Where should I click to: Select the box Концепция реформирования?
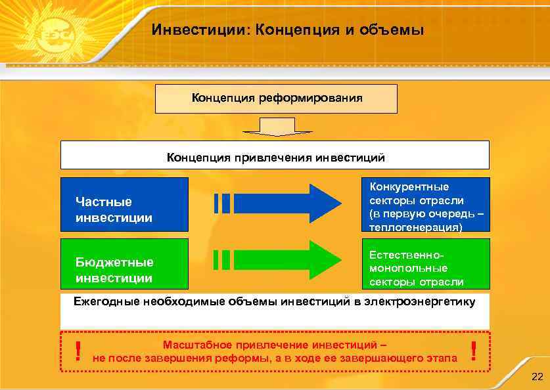pos(276,98)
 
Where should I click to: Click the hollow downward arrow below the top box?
pos(276,127)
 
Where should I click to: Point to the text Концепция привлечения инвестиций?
pos(275,158)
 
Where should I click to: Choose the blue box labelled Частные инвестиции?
pos(124,204)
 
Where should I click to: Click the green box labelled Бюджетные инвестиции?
pos(124,264)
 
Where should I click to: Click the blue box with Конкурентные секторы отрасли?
pos(426,204)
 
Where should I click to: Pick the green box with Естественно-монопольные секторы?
pos(426,264)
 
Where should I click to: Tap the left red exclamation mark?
pos(78,351)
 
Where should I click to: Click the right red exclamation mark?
pos(473,351)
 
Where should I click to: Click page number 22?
pos(536,376)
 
